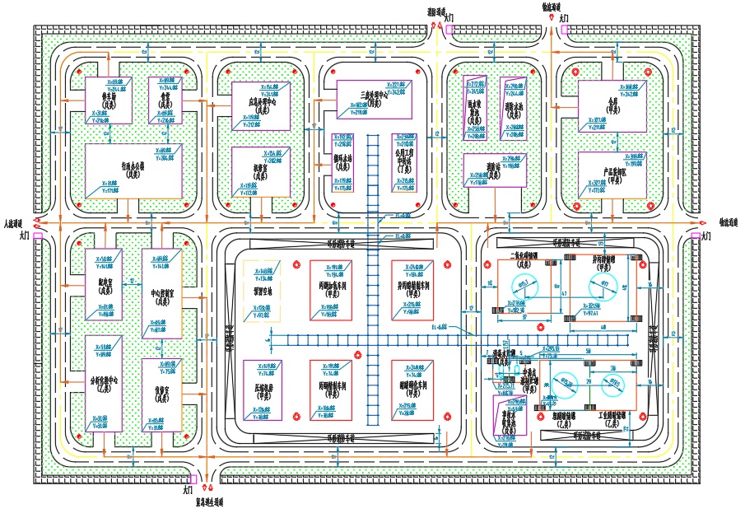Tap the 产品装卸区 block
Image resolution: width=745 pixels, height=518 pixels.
tap(611, 175)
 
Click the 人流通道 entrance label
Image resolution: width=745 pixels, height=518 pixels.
tap(13, 222)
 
